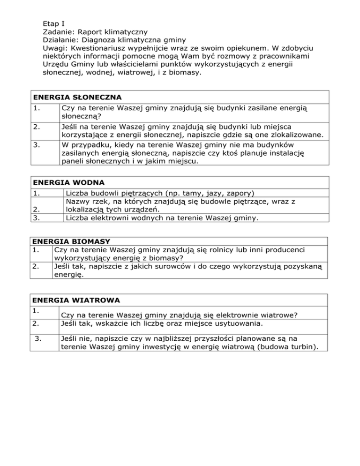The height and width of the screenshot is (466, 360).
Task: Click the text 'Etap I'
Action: tap(52, 23)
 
